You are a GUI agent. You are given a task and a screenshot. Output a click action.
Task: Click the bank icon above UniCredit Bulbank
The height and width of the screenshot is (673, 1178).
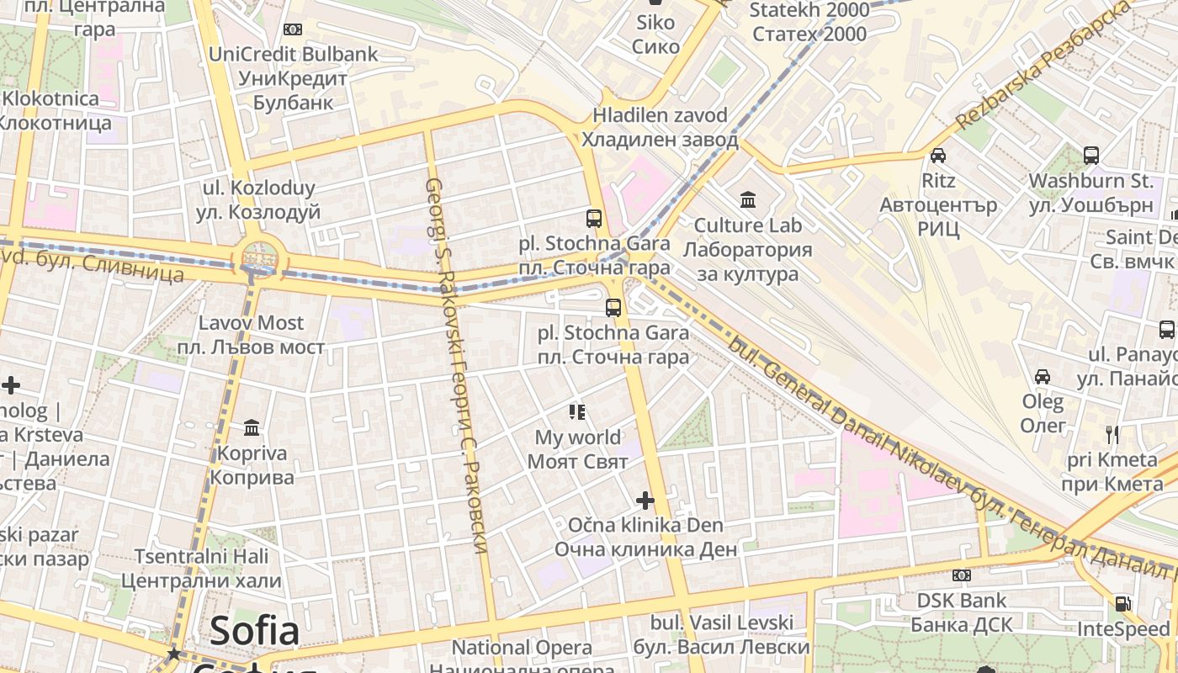[x=293, y=29]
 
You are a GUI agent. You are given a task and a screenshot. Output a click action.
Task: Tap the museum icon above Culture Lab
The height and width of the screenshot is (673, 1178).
[x=748, y=199]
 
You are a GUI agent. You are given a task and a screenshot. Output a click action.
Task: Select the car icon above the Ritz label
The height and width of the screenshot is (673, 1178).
[x=938, y=155]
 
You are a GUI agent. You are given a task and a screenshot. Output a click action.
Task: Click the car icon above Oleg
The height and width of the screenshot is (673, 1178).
[x=1043, y=376]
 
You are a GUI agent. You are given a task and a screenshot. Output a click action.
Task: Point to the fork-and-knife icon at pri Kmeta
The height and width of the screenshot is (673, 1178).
[x=1112, y=434]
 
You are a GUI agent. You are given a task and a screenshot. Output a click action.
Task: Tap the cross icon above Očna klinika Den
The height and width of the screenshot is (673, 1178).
[x=645, y=501]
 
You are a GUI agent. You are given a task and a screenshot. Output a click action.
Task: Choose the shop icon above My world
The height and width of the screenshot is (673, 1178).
[x=577, y=411]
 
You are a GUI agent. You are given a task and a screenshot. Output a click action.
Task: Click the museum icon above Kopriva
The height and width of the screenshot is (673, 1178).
[x=252, y=428]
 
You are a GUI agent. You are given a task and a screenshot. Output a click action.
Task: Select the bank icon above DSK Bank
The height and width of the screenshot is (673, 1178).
[x=962, y=575]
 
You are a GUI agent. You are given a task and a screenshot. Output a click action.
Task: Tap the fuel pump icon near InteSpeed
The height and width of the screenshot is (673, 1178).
[x=1122, y=603]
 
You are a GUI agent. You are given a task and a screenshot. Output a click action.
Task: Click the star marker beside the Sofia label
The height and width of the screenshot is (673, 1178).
[x=174, y=653]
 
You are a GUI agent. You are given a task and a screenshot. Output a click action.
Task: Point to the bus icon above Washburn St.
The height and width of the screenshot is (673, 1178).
[x=1091, y=155]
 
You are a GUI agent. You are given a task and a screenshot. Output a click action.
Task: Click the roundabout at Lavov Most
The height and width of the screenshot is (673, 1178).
[x=259, y=255]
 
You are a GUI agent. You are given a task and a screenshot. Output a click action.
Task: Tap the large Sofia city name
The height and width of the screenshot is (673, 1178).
[x=254, y=631]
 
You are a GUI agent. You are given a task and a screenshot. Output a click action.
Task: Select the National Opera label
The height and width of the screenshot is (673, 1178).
[x=522, y=649]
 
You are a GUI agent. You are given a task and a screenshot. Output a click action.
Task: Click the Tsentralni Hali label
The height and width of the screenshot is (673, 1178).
[x=201, y=568]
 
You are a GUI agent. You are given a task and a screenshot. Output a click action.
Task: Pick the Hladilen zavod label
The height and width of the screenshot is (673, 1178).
[x=660, y=127]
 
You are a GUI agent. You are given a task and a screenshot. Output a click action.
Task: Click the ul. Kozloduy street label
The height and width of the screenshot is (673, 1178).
[x=258, y=200]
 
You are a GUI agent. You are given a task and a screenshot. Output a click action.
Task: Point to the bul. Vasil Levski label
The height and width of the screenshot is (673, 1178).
[x=721, y=634]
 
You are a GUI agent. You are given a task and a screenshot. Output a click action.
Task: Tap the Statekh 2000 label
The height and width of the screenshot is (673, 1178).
[x=809, y=22]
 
